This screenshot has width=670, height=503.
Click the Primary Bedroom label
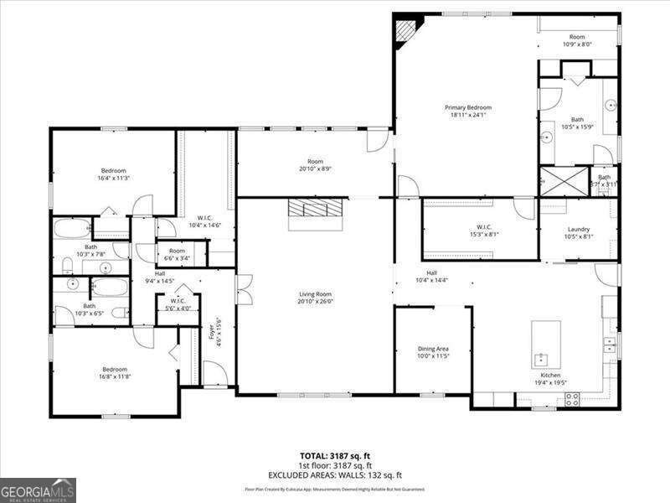(467, 107)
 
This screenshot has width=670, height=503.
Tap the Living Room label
(316, 294)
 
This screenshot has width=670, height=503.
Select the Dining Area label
(433, 349)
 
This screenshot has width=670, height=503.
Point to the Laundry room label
(579, 229)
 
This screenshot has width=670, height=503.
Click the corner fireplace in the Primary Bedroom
(406, 31)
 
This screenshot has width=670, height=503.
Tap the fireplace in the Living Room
(316, 213)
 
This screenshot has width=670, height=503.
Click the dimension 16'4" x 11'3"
(114, 178)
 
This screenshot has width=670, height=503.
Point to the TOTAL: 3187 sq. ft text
(335, 456)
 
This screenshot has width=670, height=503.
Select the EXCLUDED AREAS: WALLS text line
(335, 474)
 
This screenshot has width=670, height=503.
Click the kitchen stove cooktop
(574, 400)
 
